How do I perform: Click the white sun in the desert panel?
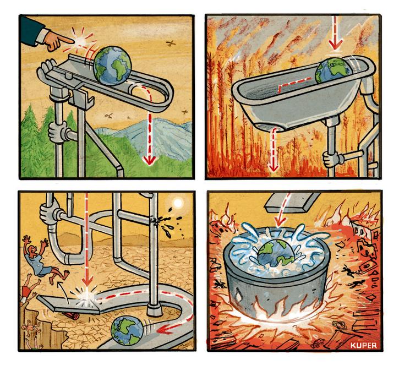177,203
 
